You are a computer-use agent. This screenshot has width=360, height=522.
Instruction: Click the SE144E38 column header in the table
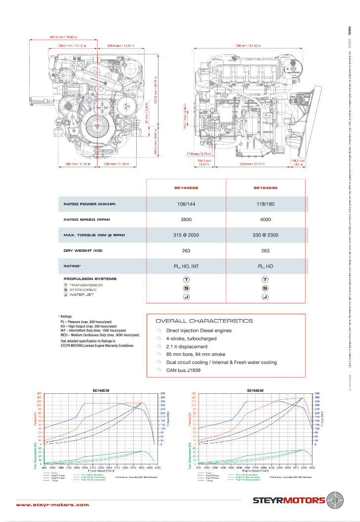(186, 189)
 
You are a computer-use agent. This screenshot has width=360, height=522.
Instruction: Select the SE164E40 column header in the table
(265, 189)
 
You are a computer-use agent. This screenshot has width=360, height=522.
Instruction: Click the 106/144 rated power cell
(186, 204)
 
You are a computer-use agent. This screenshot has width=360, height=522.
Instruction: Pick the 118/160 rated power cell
(265, 204)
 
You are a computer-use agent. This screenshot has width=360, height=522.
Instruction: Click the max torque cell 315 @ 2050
(186, 235)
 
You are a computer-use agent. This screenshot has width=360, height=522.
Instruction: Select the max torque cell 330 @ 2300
(265, 235)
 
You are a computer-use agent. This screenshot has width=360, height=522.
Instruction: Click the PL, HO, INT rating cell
(186, 266)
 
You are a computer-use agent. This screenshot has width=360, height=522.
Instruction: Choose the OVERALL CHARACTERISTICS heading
(204, 321)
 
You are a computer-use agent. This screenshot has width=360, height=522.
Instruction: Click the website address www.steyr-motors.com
(52, 505)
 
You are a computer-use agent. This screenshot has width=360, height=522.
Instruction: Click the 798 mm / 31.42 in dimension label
(241, 46)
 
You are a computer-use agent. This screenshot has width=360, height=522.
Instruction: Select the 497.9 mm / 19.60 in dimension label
(63, 37)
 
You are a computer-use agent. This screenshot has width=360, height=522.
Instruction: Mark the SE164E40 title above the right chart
(255, 390)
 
